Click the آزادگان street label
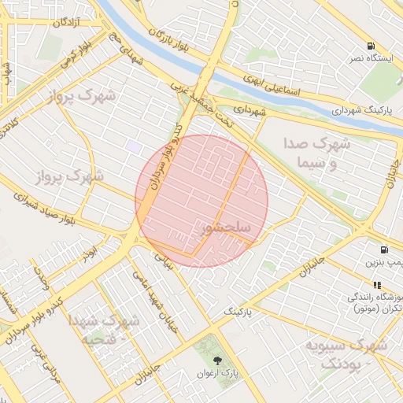[x=69, y=22]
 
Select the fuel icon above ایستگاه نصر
[x=371, y=46]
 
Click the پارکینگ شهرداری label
[x=360, y=110]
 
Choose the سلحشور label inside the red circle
[x=226, y=227]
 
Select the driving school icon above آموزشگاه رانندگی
[x=377, y=284]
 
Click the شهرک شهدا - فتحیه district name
[x=104, y=330]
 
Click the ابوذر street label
[x=93, y=252]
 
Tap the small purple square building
[x=135, y=147]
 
